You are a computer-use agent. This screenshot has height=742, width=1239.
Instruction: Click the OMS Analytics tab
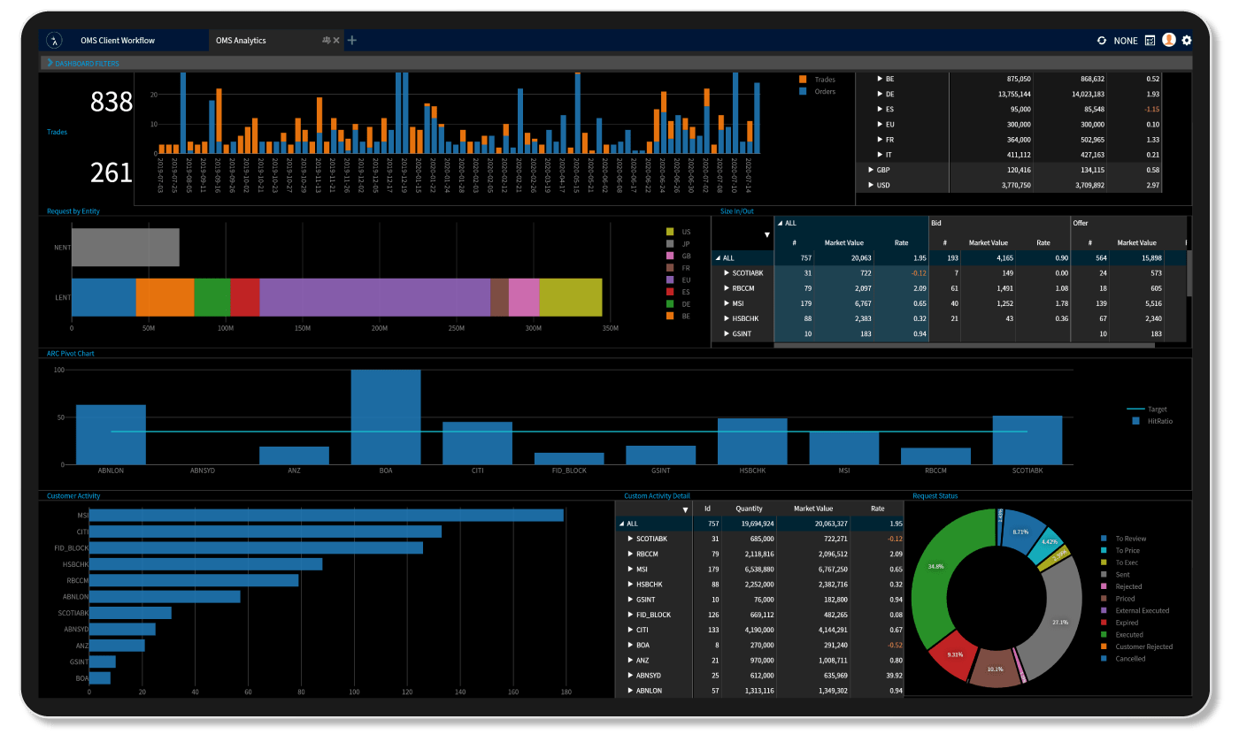point(241,41)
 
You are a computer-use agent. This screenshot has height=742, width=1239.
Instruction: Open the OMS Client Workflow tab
point(117,41)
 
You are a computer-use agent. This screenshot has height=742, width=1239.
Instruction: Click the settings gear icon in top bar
point(1187,41)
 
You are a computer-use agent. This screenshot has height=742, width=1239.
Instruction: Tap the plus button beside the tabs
point(352,40)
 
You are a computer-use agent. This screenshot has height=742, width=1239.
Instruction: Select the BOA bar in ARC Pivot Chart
point(386,417)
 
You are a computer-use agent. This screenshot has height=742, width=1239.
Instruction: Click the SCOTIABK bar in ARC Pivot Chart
point(1027,440)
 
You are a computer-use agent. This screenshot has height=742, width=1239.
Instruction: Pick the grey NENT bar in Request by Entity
point(125,248)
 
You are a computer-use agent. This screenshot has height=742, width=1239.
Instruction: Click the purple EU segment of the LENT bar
point(374,297)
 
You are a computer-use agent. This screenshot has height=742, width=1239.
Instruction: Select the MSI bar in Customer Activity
point(326,515)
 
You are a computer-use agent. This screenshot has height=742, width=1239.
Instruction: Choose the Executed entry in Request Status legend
point(1128,634)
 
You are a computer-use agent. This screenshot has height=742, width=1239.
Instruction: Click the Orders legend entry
point(824,91)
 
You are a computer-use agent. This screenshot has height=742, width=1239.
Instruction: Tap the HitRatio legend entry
point(1158,422)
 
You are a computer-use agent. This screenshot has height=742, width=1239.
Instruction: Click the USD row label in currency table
point(883,185)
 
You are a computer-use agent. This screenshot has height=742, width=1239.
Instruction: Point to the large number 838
point(112,103)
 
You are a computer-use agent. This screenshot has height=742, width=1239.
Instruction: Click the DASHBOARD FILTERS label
point(87,64)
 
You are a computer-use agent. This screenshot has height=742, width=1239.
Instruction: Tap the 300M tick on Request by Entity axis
point(533,328)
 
